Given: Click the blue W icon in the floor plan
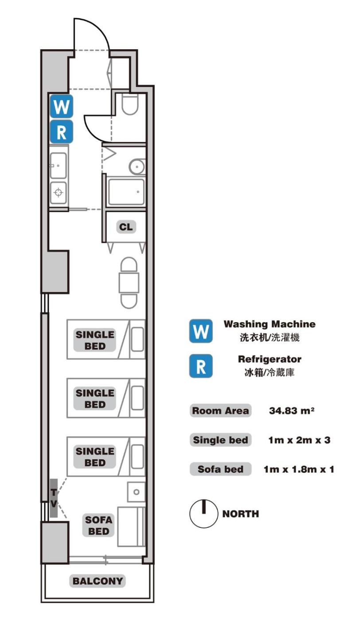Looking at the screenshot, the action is pos(62,106).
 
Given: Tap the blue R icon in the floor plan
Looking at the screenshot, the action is pos(62,132).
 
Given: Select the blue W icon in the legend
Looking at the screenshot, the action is pos(201,331).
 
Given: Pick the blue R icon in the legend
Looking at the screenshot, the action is pos(201,366).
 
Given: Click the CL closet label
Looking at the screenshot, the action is pos(126,227).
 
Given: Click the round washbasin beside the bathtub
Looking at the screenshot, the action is pos(137,167).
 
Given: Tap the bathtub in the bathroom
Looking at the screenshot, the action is pos(126,192).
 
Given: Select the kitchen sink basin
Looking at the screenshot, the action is pos(58,165).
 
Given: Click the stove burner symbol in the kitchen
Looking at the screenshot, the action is pos(58,193).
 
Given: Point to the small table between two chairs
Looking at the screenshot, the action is pos(129,283).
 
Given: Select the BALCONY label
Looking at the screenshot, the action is pos(98,581).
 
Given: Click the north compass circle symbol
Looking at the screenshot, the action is pos(203,514).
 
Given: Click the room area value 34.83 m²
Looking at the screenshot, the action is pos(292,411).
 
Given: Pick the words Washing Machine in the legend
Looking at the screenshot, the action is pos(270,324).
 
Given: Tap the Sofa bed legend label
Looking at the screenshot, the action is pos(221,469).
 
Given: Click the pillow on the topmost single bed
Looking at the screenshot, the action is pos(137,340).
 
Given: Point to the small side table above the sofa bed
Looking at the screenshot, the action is pos(136,492).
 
